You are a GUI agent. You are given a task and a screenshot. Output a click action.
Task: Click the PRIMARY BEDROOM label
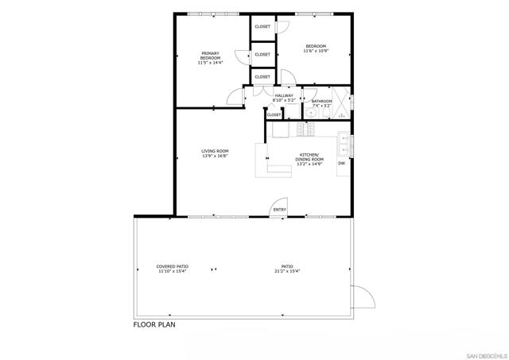[x=211, y=56]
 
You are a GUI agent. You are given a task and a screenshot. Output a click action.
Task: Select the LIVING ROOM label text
[x=215, y=153]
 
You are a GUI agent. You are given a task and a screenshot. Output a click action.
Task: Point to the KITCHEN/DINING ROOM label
[x=309, y=158]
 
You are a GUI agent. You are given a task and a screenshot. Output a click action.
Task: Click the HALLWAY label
[x=284, y=98]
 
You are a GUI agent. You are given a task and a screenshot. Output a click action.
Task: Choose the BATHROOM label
[x=322, y=103]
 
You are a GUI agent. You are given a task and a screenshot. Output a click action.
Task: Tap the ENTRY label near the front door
[x=280, y=210]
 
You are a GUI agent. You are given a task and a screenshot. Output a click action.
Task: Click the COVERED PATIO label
[x=172, y=269]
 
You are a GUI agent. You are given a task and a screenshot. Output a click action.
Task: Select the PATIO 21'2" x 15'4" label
[x=286, y=269]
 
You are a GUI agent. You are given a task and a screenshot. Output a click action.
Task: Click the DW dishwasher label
[x=341, y=164]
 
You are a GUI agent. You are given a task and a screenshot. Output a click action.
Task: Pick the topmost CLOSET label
[x=262, y=27]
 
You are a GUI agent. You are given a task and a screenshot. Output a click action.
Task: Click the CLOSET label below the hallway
[x=274, y=114]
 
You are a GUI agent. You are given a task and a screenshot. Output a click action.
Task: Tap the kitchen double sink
[x=344, y=144]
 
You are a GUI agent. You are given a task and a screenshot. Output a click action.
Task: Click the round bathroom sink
[x=312, y=113]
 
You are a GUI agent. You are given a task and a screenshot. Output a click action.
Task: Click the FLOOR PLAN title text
[x=153, y=324]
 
